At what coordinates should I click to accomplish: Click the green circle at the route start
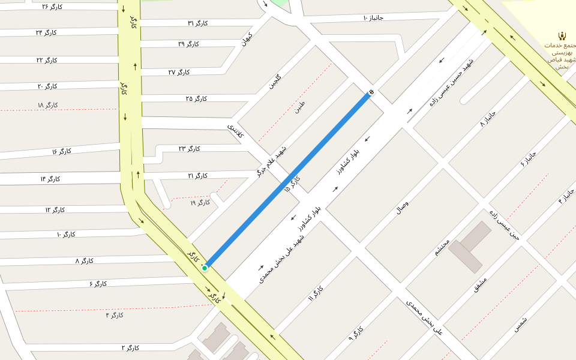205,268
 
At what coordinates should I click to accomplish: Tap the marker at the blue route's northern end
371,92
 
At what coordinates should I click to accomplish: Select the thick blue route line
288,180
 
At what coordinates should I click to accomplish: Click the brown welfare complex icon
562,35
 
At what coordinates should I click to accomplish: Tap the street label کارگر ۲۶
53,7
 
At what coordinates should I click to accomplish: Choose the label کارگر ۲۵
196,98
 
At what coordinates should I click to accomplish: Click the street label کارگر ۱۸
47,106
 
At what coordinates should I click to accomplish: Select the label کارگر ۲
130,348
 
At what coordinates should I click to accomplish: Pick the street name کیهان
246,39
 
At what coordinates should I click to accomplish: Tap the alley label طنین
299,108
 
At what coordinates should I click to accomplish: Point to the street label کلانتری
235,131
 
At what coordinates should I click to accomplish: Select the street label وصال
403,208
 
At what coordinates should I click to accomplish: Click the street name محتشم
443,247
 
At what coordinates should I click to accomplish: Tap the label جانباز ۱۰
373,17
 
